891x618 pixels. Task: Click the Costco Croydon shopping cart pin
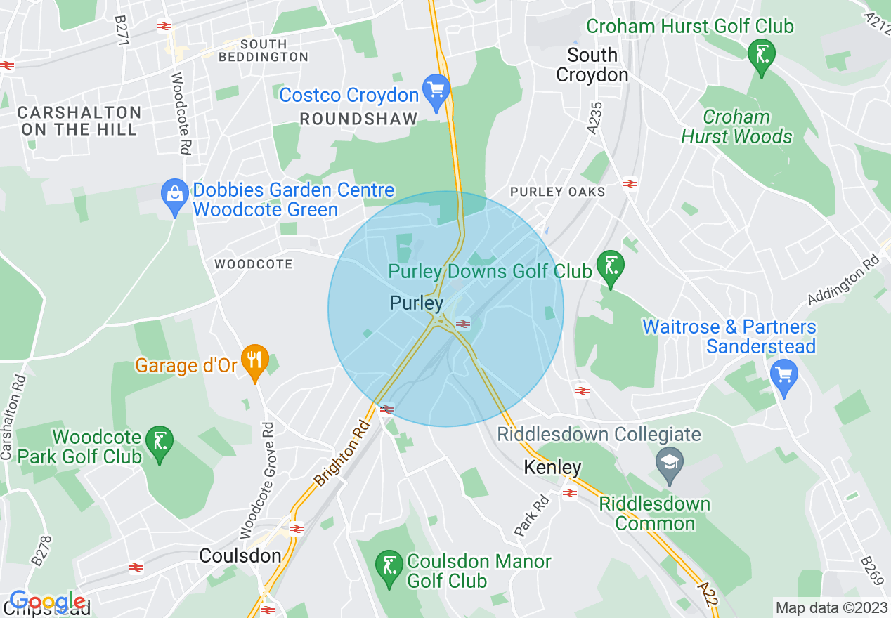pos(436,92)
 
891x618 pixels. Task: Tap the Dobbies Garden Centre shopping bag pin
pos(174,197)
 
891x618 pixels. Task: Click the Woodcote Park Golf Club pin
pos(160,444)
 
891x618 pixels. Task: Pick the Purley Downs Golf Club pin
pos(611,268)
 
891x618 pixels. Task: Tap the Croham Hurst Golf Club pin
pos(761,55)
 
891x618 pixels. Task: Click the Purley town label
pos(417,303)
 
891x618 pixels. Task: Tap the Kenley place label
pos(552,468)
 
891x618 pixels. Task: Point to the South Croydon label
pos(592,65)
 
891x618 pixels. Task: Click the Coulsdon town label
pos(240,555)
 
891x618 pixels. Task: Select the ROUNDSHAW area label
pos(358,119)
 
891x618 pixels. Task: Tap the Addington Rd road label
pos(843,280)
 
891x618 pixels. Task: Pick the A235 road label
pos(595,116)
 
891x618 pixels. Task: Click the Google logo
pos(46,602)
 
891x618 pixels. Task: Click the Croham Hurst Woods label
pos(736,127)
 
